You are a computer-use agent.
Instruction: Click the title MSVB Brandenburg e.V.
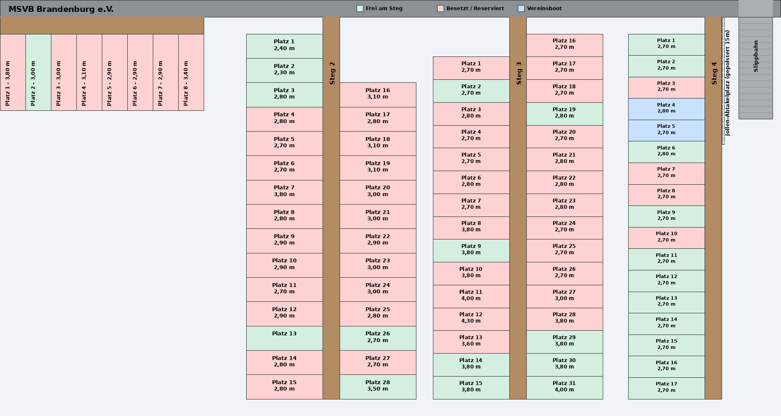61,9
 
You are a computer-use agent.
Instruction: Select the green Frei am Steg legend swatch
360,8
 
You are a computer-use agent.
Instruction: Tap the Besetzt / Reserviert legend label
475,8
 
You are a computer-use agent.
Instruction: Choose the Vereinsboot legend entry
544,8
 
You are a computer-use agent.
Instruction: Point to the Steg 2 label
332,73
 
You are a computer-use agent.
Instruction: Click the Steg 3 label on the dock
519,73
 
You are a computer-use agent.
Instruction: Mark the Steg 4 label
714,73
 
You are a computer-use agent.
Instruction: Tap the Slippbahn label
756,56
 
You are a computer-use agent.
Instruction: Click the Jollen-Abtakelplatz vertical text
727,83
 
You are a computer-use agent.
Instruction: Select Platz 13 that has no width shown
284,338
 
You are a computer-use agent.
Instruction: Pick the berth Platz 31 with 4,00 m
565,388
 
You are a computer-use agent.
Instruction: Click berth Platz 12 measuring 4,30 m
471,319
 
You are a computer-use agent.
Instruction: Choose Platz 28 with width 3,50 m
378,387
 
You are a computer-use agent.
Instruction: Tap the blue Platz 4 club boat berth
666,109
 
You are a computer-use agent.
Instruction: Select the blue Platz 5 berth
666,131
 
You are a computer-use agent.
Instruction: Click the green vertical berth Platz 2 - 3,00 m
38,73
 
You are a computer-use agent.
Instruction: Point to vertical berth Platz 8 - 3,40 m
191,73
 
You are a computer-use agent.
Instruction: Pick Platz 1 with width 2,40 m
284,46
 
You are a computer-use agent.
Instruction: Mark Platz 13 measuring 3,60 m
471,342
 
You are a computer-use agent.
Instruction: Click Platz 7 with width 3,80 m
284,192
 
